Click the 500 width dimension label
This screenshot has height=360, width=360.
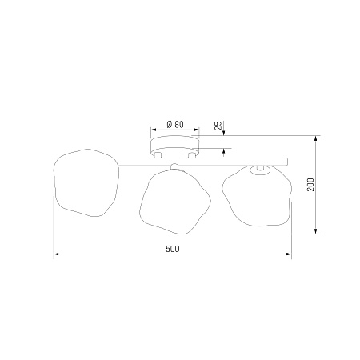pyautogui.click(x=173, y=249)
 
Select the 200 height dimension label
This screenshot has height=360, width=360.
pyautogui.click(x=310, y=184)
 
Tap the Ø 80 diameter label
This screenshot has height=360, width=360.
pyautogui.click(x=175, y=124)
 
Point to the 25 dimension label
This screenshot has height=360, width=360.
pyautogui.click(x=218, y=125)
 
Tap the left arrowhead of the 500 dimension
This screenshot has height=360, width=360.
pyautogui.click(x=56, y=254)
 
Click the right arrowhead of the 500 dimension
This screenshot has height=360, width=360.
pyautogui.click(x=289, y=254)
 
